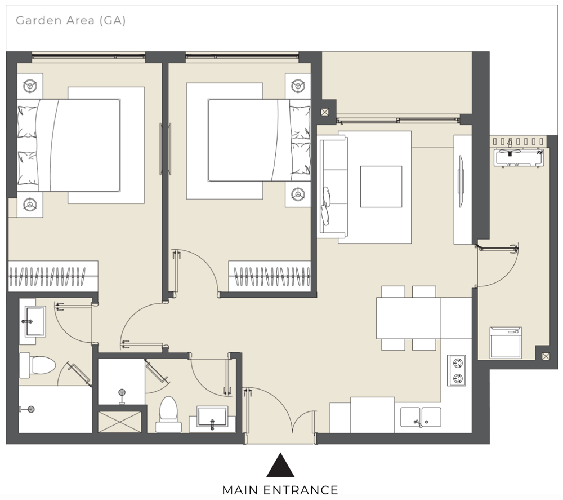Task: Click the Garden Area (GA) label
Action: click(71, 20)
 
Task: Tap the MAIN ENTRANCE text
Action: click(280, 490)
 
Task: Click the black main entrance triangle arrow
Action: click(280, 465)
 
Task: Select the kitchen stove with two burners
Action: click(457, 370)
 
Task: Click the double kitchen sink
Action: click(421, 417)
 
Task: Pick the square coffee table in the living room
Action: click(381, 187)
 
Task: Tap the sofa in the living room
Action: click(333, 187)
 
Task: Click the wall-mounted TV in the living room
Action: click(461, 181)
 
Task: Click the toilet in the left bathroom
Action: click(37, 365)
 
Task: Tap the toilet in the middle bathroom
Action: click(168, 414)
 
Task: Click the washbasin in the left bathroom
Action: click(35, 321)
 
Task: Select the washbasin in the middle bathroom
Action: click(212, 417)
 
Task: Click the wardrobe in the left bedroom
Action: click(53, 276)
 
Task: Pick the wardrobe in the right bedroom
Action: click(269, 276)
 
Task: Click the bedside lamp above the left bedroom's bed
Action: click(30, 86)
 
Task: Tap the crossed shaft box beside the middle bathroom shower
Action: click(120, 422)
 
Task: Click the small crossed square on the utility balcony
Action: click(546, 356)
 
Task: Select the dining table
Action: click(409, 318)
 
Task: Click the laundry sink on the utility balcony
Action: click(519, 157)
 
